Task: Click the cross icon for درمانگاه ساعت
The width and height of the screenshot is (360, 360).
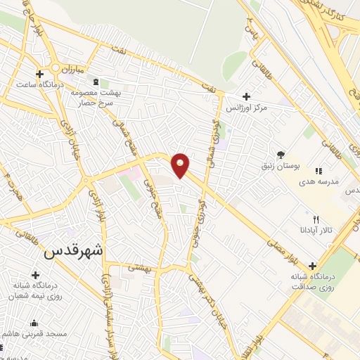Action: (x=39, y=73)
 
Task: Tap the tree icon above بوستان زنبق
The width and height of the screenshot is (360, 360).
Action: (x=281, y=154)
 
